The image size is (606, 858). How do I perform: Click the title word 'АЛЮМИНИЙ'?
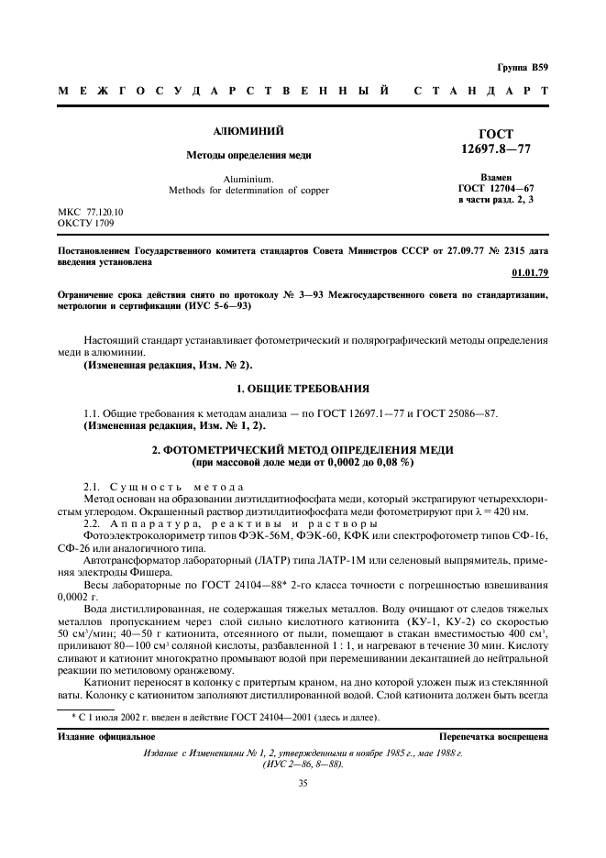[249, 132]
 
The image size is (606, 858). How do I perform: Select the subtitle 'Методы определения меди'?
[249, 156]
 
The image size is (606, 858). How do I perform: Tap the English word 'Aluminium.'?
[248, 179]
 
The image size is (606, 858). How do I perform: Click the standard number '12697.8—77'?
[497, 148]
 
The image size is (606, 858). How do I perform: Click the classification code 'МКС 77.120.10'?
[91, 211]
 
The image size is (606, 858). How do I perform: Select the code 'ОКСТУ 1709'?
[84, 222]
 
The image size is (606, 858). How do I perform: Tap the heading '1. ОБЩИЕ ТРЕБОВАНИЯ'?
[303, 389]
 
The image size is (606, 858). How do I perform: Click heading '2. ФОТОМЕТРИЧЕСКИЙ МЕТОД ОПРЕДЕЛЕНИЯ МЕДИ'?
[303, 451]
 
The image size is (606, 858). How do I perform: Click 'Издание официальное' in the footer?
[94, 736]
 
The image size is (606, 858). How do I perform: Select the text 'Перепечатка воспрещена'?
[494, 736]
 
